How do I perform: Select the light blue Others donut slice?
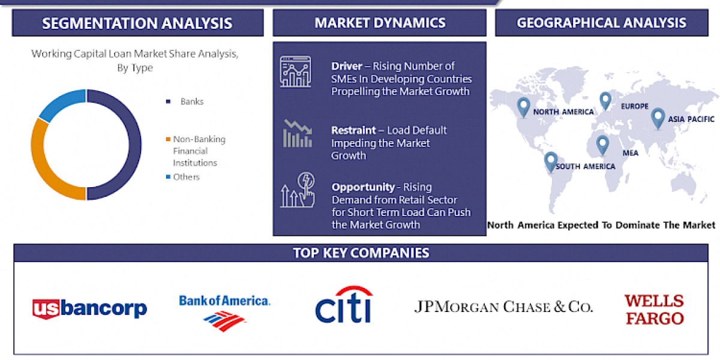point(60,103)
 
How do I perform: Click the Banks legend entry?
point(191,101)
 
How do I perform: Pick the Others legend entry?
point(186,177)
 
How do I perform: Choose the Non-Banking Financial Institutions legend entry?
point(199,151)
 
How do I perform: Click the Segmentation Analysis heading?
point(137,23)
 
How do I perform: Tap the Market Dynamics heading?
point(380,23)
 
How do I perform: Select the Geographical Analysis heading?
point(601,23)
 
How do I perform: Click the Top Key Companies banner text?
point(361,253)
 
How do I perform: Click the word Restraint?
point(352,130)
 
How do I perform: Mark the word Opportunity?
point(362,187)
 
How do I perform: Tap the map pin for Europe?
point(605,100)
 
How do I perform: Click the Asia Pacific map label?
point(692,119)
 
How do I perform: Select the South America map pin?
point(550,161)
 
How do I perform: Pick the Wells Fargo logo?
point(654,309)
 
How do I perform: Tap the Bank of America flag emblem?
point(225,321)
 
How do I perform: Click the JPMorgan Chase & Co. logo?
point(503,307)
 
